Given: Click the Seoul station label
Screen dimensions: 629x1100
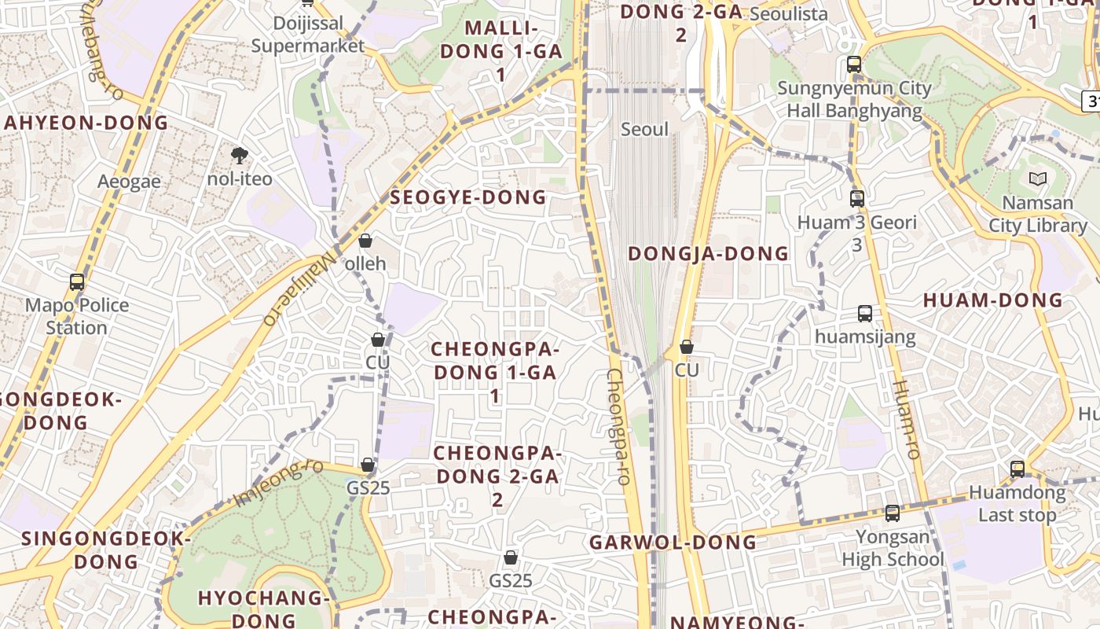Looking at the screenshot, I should (x=644, y=130).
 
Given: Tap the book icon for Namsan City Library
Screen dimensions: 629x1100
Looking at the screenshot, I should (x=1038, y=179).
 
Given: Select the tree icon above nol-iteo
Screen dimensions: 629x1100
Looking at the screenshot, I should (x=239, y=156).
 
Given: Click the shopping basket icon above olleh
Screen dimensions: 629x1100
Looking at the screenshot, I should (x=365, y=241).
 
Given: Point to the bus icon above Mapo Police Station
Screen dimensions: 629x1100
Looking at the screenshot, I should (x=77, y=282).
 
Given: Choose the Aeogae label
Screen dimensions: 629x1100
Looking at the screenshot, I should (x=129, y=182).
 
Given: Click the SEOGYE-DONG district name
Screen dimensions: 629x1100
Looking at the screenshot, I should (x=468, y=197).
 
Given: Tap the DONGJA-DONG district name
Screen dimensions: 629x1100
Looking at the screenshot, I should (x=708, y=253).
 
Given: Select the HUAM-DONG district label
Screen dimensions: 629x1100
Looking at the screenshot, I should (x=992, y=300).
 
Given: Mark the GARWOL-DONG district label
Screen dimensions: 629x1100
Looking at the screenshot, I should (x=673, y=543).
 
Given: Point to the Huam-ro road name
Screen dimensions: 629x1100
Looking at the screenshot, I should (x=905, y=420).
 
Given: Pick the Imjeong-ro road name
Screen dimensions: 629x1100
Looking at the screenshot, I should (x=279, y=482).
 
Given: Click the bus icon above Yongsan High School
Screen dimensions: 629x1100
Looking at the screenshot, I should (x=892, y=513).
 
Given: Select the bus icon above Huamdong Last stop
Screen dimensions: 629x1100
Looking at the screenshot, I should (x=1017, y=469).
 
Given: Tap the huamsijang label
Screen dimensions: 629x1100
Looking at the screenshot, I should (x=865, y=337).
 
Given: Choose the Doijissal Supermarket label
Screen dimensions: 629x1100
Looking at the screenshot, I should (x=308, y=35).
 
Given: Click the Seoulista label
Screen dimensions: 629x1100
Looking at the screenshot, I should (x=789, y=14).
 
